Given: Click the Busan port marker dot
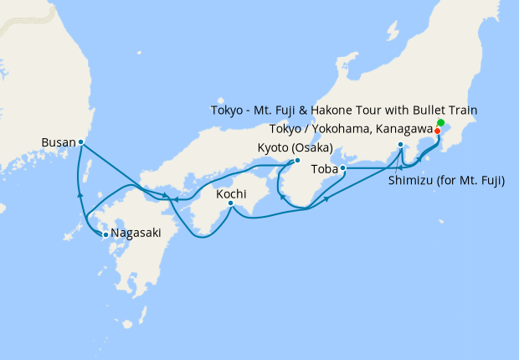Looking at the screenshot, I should [80, 142].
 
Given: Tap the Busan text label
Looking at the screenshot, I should [59, 143].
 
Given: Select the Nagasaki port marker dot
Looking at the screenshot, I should [105, 234].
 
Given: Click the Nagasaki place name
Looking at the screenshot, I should [134, 235].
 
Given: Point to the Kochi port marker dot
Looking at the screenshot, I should [230, 203].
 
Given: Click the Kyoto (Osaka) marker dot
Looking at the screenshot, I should [297, 161].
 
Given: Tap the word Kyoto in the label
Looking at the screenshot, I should [271, 148].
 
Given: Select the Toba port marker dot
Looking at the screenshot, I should [343, 168].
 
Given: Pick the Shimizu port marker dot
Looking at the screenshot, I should [401, 145].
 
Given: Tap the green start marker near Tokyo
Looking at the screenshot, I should [441, 123].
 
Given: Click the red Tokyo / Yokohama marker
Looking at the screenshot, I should [437, 131].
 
